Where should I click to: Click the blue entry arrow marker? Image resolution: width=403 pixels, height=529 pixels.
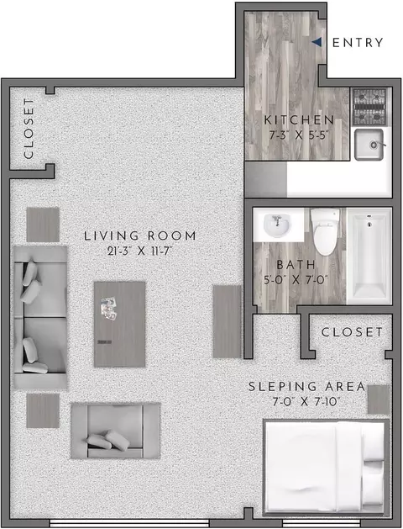(x=317, y=42)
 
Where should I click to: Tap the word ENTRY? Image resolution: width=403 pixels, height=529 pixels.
(x=358, y=43)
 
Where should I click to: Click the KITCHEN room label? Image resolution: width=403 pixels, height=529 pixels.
(x=299, y=119)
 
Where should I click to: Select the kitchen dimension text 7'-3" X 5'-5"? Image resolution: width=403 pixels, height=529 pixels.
(x=299, y=135)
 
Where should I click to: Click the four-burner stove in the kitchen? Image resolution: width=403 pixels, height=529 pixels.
(x=369, y=107)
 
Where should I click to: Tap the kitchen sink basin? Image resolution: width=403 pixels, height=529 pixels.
(x=369, y=145)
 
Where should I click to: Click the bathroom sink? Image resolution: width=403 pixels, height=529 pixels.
(x=276, y=225)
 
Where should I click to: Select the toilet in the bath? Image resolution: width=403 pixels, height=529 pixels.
(x=325, y=232)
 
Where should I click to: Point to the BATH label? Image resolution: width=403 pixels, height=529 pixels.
(x=296, y=265)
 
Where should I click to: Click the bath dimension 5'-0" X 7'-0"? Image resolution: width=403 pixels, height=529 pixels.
(x=296, y=280)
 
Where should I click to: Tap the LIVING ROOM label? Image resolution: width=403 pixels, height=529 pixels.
(x=139, y=235)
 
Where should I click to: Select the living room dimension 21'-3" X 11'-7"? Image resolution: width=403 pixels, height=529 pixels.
(x=139, y=251)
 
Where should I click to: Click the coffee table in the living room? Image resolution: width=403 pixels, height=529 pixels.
(x=119, y=325)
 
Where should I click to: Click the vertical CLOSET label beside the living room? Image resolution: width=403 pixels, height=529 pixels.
(x=29, y=128)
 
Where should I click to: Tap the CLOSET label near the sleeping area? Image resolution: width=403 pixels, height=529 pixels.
(x=352, y=332)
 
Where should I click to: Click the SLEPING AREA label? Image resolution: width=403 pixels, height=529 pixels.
(x=306, y=386)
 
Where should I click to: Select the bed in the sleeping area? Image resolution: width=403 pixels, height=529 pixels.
(x=326, y=468)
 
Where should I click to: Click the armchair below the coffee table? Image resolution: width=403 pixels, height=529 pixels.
(x=116, y=431)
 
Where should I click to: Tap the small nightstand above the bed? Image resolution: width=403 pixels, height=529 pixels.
(x=379, y=399)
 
